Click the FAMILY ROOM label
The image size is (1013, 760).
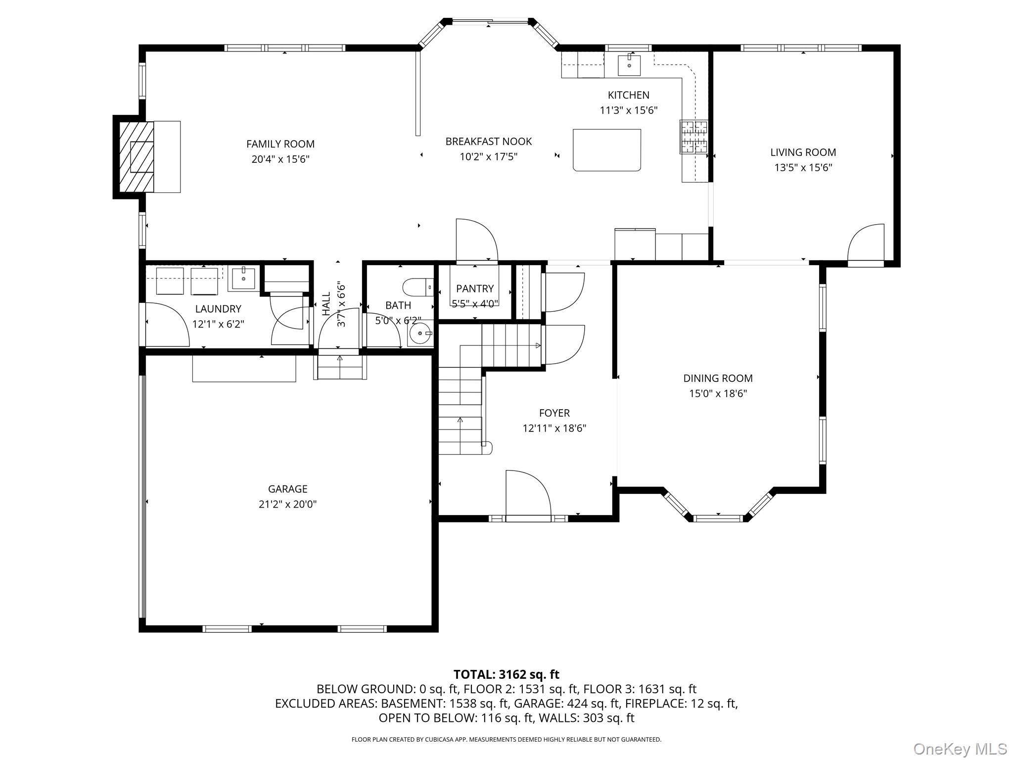[x=280, y=144]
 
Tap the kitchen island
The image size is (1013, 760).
[x=607, y=150]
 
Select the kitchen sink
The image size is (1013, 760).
[x=629, y=65]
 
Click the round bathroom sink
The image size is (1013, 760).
[x=420, y=334]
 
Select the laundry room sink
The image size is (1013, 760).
[x=243, y=279]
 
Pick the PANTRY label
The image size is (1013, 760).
[x=475, y=288]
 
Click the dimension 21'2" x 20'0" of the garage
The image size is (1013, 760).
[x=288, y=504]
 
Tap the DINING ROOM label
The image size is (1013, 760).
[x=718, y=379]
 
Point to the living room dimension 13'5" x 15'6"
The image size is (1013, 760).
[x=803, y=168]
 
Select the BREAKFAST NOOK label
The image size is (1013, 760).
[x=489, y=142]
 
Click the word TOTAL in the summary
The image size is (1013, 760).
[x=473, y=674]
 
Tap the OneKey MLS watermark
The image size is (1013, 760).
[x=960, y=749]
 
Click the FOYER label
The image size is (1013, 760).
[x=554, y=413]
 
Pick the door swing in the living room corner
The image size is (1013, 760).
[x=866, y=245]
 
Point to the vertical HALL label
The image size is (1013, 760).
[x=326, y=304]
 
